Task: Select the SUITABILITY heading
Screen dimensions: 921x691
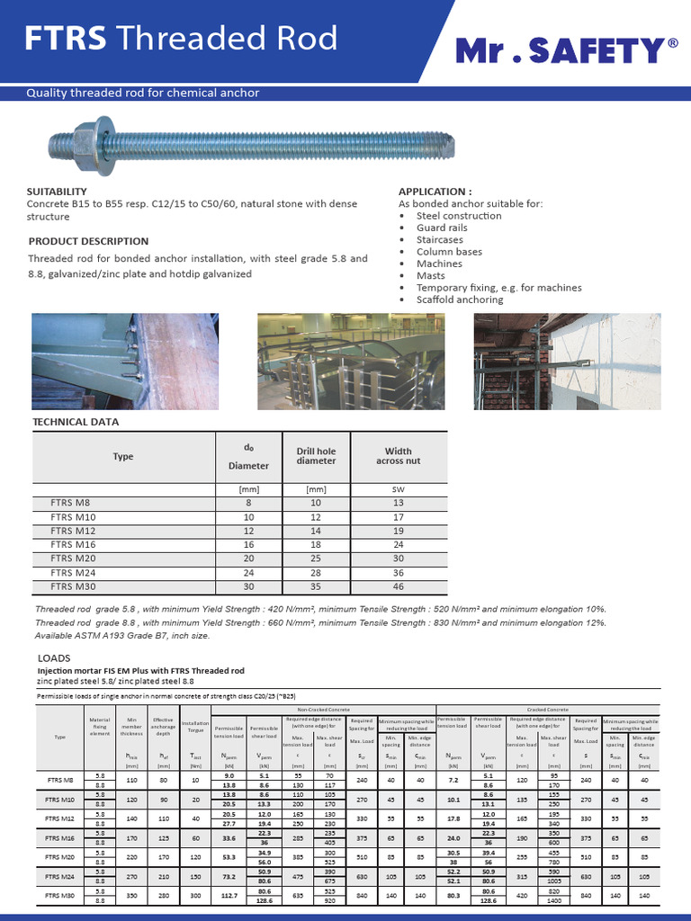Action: (x=57, y=192)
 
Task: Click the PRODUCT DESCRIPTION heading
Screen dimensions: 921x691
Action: (x=88, y=241)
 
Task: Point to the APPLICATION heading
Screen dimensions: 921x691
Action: (x=435, y=192)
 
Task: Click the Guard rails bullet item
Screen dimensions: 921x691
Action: (x=442, y=228)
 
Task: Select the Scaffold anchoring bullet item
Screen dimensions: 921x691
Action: (x=459, y=300)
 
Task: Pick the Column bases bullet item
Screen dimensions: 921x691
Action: (x=449, y=252)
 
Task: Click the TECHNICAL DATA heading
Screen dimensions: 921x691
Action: (x=76, y=421)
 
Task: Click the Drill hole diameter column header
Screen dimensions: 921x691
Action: (x=316, y=456)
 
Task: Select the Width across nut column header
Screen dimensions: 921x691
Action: (x=398, y=456)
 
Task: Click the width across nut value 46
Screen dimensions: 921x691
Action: (x=398, y=586)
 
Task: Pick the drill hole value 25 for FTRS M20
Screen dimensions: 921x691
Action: (x=316, y=559)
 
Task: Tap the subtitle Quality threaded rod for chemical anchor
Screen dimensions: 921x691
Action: (x=142, y=93)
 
